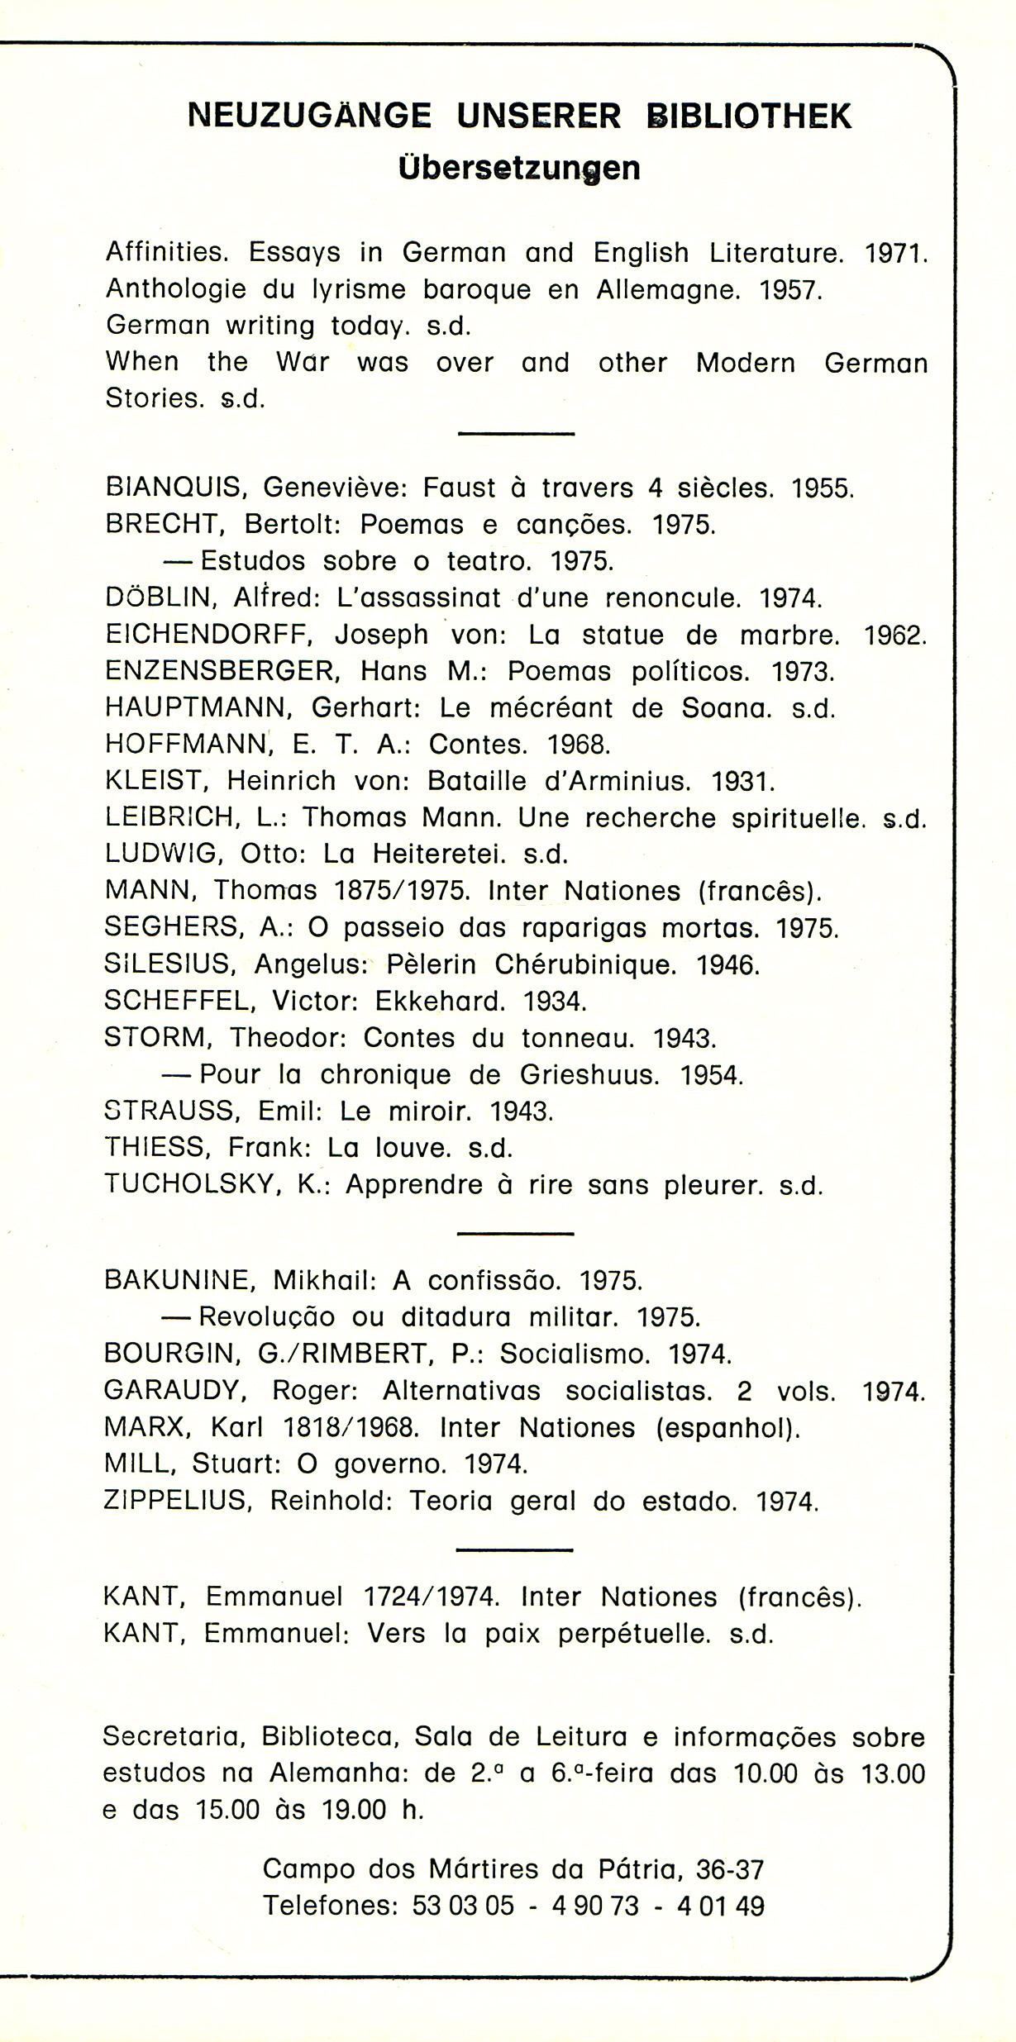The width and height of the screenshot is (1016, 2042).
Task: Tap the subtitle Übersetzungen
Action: point(518,168)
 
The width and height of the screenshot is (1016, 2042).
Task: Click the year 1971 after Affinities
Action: point(894,252)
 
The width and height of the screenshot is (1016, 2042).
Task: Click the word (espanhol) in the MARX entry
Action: point(727,1427)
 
